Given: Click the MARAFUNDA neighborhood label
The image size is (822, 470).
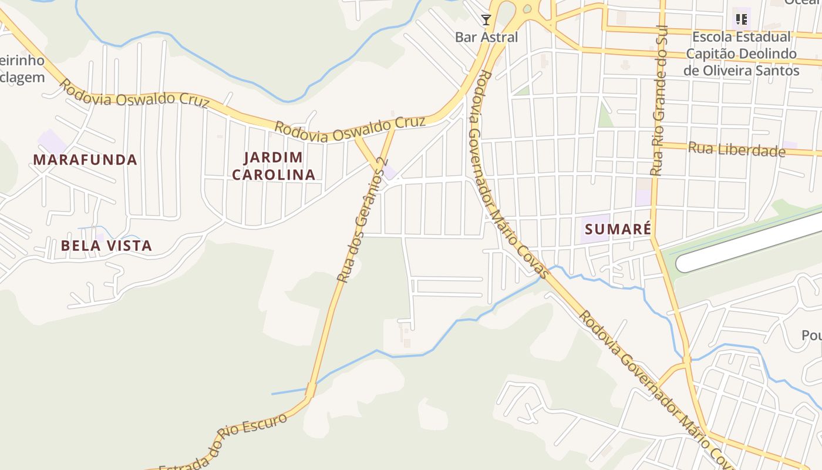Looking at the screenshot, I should point(85,160).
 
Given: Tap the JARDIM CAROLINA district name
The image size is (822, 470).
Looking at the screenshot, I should point(274,166).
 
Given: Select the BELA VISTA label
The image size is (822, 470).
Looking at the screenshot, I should point(106,246).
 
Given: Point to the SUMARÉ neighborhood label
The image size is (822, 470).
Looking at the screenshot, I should point(618,229).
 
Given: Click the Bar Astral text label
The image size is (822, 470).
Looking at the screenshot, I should point(486,37).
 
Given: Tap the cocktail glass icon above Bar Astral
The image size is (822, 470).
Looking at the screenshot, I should point(486,21).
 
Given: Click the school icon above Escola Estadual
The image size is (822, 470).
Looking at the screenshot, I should point(742,19).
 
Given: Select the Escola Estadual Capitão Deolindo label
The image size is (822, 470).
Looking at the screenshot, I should point(741,53).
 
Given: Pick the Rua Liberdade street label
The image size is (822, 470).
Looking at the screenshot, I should point(736,149).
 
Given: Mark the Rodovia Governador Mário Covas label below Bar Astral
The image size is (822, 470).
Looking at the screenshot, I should point(510,173).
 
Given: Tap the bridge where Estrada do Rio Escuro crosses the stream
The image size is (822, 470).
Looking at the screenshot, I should point(311,390).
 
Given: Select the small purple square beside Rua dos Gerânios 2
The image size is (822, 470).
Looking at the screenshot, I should point(389,173).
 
